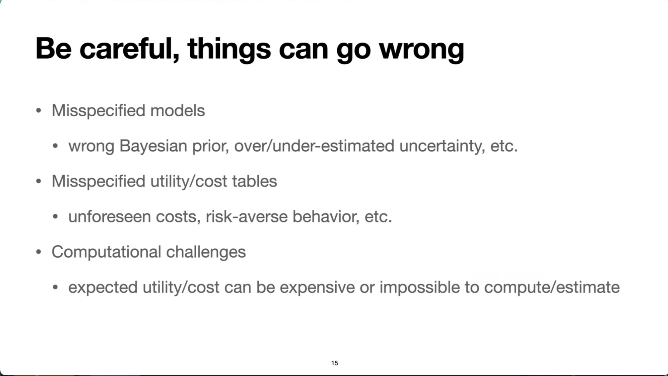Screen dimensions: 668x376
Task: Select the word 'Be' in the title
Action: (54, 49)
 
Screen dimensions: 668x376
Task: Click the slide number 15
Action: (335, 363)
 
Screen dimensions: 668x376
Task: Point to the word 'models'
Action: (177, 110)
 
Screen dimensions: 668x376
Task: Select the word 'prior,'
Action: (211, 146)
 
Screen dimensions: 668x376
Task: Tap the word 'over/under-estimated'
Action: (314, 146)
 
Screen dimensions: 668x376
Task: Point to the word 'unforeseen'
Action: (110, 217)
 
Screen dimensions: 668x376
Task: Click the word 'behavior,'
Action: (326, 217)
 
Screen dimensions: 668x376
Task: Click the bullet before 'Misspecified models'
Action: (39, 111)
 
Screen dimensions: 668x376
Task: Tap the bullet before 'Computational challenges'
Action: (39, 252)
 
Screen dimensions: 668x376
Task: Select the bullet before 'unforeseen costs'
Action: (55, 217)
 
